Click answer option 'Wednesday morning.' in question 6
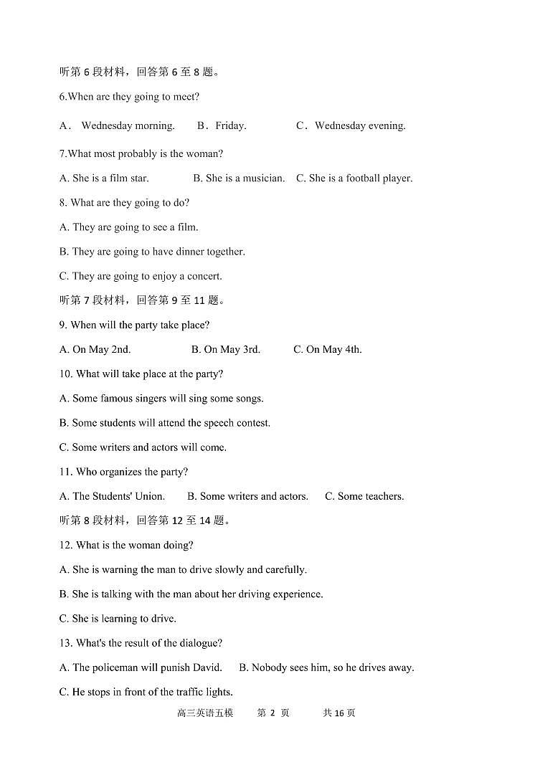point(128,125)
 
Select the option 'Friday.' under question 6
point(230,125)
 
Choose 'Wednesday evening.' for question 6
point(360,125)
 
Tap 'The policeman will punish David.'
point(141,667)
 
